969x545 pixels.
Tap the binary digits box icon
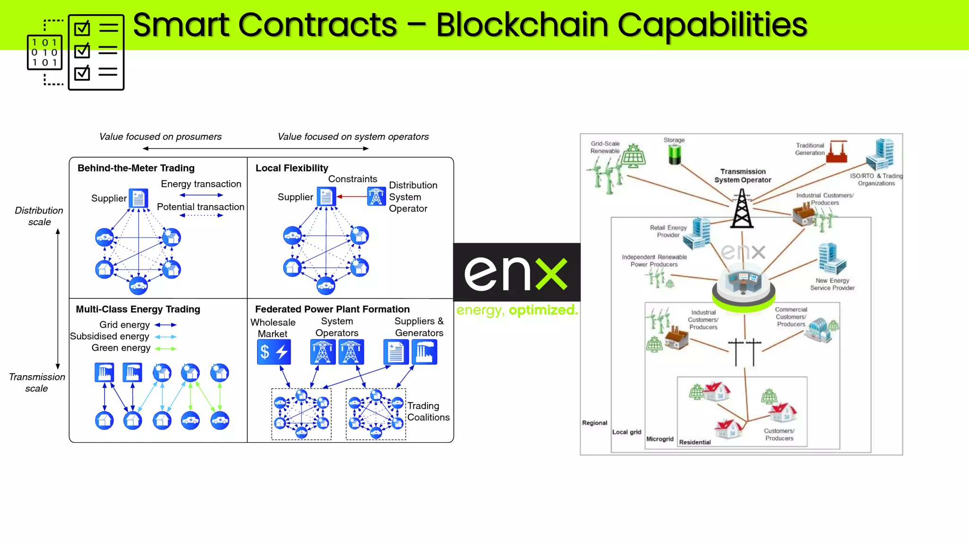(x=45, y=53)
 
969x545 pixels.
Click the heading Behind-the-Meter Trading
(x=136, y=168)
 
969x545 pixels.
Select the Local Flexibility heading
(x=291, y=168)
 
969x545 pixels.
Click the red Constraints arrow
(x=352, y=196)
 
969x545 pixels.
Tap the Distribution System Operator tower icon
(x=376, y=197)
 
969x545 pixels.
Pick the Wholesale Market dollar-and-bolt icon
(x=274, y=352)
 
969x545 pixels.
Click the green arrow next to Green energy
(x=166, y=349)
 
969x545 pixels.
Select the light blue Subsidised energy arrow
(x=166, y=337)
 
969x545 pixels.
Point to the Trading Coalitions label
(x=428, y=412)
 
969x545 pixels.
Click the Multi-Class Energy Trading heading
(x=138, y=309)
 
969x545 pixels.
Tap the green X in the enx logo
(x=552, y=274)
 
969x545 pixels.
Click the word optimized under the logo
(x=543, y=310)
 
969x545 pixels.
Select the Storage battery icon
(x=674, y=154)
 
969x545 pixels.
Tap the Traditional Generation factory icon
(x=837, y=152)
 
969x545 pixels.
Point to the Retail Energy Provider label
(x=668, y=231)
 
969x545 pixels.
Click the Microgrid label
(x=660, y=439)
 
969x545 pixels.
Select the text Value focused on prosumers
(x=160, y=137)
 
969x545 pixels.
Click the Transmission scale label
(x=37, y=382)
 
